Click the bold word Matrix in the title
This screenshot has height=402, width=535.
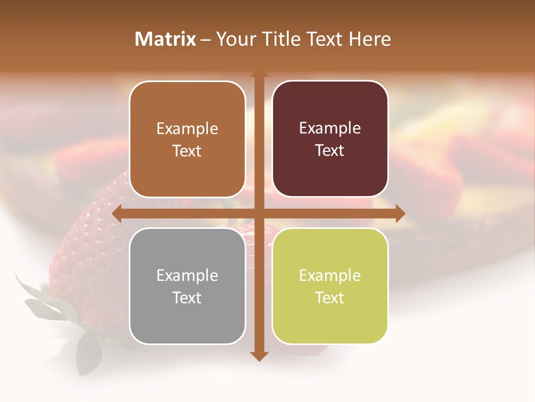point(166,39)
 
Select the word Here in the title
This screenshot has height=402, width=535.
point(370,39)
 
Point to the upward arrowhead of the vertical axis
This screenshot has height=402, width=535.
point(259,74)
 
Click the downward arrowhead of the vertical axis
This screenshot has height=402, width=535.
point(259,356)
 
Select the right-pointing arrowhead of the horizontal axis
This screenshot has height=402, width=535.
point(400,213)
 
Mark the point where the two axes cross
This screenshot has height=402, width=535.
point(259,213)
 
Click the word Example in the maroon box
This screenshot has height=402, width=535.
point(330,128)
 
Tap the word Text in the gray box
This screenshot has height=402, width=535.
point(187,298)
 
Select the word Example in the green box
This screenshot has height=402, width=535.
point(330,275)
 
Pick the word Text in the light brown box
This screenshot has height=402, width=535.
point(187,151)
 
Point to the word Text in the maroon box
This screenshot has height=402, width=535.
point(330,151)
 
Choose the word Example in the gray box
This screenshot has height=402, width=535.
point(187,275)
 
